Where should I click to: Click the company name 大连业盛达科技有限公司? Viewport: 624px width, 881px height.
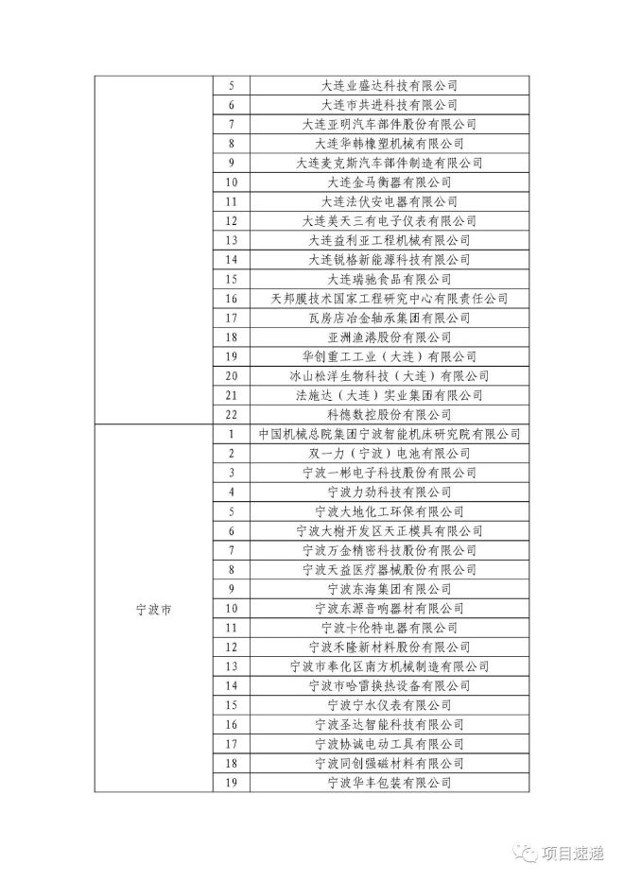pyautogui.click(x=389, y=84)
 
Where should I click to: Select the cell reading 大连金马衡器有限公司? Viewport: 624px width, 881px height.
pyautogui.click(x=389, y=181)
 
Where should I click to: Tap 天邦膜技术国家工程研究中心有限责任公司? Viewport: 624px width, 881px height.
pyautogui.click(x=389, y=298)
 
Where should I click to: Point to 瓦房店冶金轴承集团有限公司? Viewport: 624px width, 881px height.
pyautogui.click(x=389, y=318)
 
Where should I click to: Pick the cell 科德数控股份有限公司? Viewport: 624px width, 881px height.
pyautogui.click(x=389, y=414)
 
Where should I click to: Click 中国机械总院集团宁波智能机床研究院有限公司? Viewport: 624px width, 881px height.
pyautogui.click(x=389, y=434)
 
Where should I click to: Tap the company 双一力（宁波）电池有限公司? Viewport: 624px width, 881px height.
pyautogui.click(x=389, y=453)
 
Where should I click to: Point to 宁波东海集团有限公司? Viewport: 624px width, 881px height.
pyautogui.click(x=389, y=589)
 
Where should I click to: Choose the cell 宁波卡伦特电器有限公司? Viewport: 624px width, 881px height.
pyautogui.click(x=389, y=628)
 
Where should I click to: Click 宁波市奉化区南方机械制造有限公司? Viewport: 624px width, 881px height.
pyautogui.click(x=389, y=666)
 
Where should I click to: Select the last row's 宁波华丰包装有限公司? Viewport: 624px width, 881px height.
pyautogui.click(x=389, y=783)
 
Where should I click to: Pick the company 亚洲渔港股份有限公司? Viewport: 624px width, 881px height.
pyautogui.click(x=389, y=337)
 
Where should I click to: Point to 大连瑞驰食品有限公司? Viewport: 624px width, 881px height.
pyautogui.click(x=389, y=279)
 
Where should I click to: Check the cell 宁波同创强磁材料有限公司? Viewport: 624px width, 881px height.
pyautogui.click(x=389, y=763)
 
